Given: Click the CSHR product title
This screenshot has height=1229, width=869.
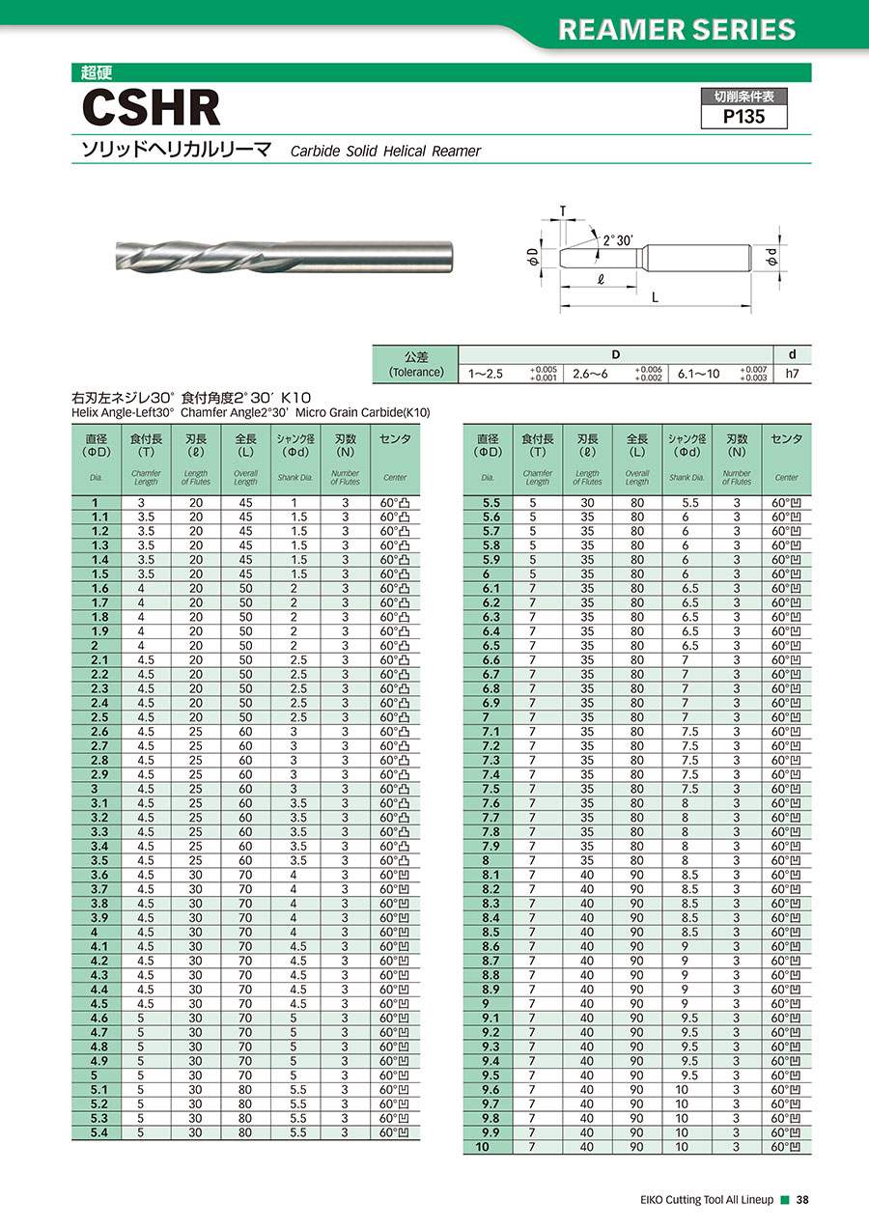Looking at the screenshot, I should (152, 108).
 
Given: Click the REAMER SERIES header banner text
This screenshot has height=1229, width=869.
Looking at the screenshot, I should (677, 29).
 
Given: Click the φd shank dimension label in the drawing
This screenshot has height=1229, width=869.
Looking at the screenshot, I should (771, 258).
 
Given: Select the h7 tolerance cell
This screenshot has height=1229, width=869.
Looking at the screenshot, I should (793, 373).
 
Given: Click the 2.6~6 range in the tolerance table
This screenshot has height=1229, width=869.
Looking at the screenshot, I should (590, 373).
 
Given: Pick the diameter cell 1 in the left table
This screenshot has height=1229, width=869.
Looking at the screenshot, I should (95, 502).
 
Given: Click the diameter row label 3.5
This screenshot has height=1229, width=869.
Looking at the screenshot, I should (98, 860).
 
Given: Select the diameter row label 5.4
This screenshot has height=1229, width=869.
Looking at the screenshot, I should (98, 1132).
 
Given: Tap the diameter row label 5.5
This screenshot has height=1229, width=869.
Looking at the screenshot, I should (491, 502).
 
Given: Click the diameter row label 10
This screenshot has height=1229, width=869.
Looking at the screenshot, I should (484, 1147).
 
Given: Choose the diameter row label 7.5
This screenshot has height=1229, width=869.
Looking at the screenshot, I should (491, 789).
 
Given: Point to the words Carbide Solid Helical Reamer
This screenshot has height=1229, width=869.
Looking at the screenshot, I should (385, 151).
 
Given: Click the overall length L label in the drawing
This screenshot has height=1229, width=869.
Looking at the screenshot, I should (655, 297).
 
